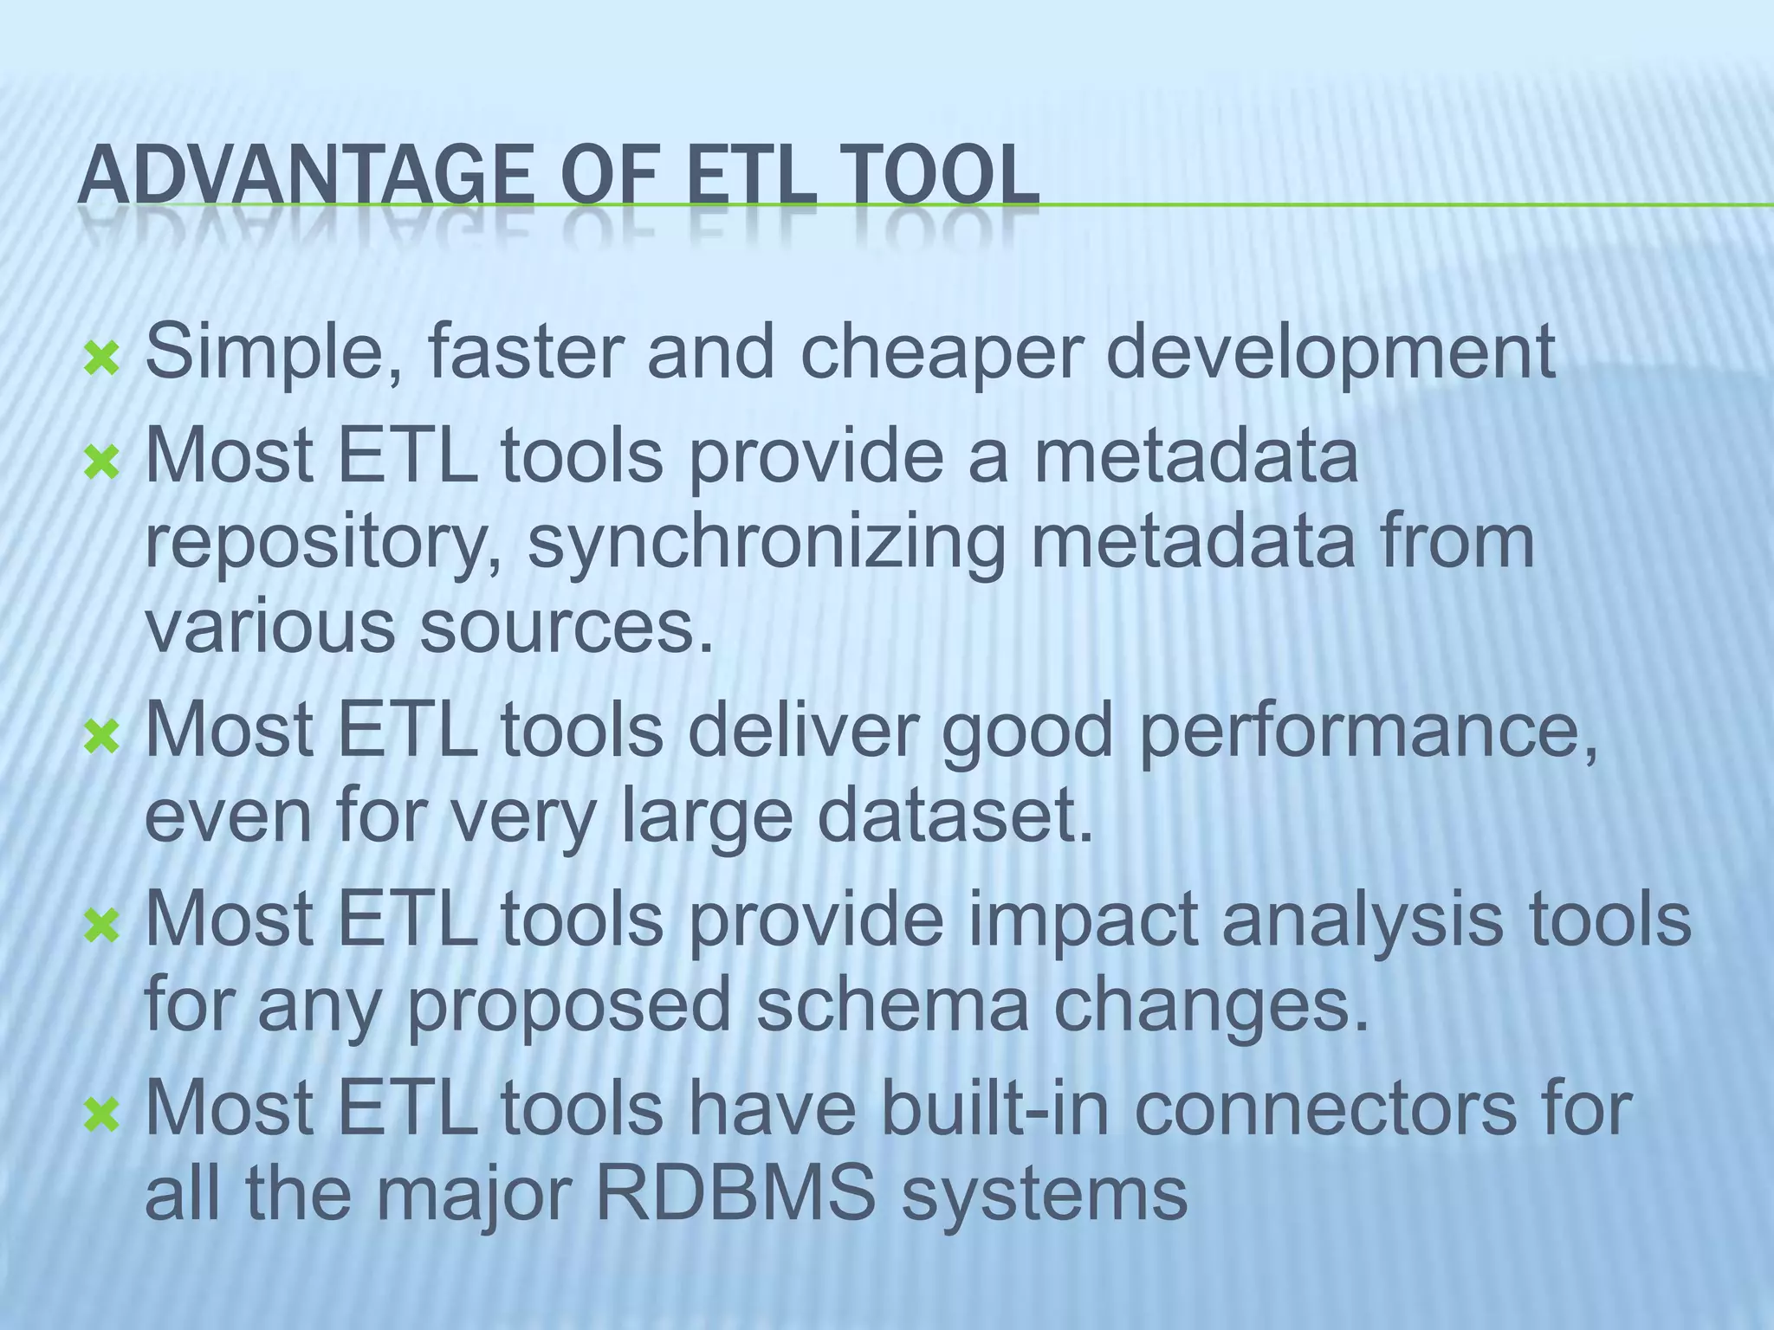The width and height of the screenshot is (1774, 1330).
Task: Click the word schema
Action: (x=892, y=1004)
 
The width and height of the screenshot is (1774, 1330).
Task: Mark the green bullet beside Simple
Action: (x=101, y=358)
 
